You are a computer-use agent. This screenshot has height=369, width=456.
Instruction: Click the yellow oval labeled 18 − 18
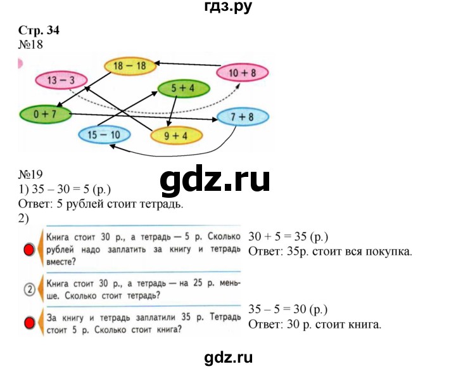click(x=130, y=65)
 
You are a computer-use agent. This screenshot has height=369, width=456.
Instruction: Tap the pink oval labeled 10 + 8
click(x=242, y=73)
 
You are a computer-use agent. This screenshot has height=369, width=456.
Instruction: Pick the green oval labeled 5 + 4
click(x=182, y=89)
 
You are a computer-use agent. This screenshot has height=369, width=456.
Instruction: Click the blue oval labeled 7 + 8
click(x=243, y=117)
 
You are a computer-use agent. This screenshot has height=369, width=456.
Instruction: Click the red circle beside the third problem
click(x=28, y=323)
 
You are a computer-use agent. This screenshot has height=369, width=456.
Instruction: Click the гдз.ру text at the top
click(x=228, y=8)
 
